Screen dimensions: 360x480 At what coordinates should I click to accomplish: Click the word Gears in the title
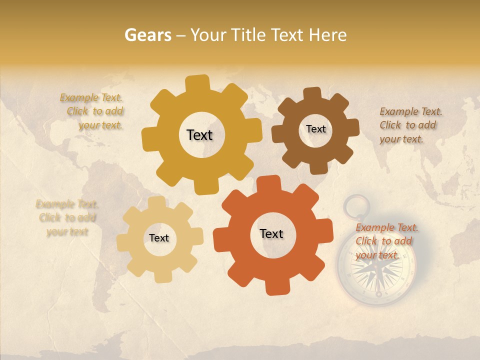pyautogui.click(x=148, y=35)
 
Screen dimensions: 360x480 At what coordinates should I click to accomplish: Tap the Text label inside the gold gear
pyautogui.click(x=199, y=135)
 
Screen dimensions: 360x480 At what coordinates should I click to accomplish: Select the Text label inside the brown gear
pyautogui.click(x=315, y=129)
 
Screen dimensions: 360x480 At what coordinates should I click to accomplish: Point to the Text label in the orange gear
pyautogui.click(x=271, y=234)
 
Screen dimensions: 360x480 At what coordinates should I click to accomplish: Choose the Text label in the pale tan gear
pyautogui.click(x=159, y=238)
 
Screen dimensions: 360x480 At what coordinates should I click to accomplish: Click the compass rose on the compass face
pyautogui.click(x=376, y=270)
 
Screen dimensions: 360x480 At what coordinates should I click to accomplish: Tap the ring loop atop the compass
pyautogui.click(x=356, y=206)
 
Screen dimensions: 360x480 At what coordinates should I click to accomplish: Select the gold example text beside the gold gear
pyautogui.click(x=92, y=111)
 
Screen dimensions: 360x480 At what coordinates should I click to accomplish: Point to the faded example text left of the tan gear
pyautogui.click(x=66, y=217)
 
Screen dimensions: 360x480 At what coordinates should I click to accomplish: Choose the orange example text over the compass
pyautogui.click(x=386, y=241)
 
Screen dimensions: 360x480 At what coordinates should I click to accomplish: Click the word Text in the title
pyautogui.click(x=287, y=35)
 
